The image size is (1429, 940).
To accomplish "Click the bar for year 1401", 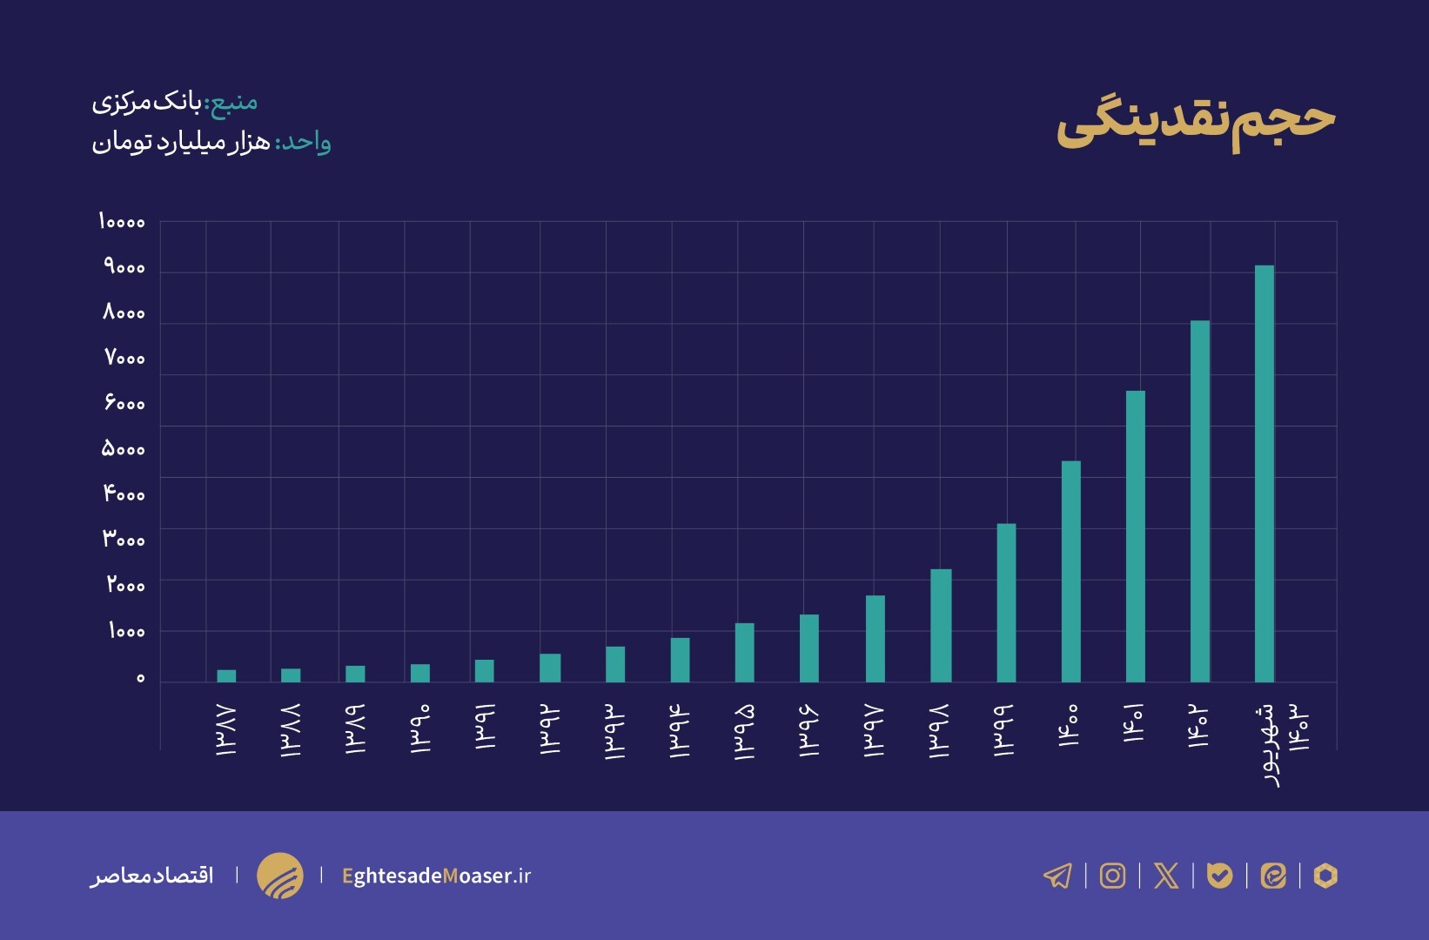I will coord(1135,536).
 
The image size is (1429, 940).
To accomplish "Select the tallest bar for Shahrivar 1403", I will coord(1265,473).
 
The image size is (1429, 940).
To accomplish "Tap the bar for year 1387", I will coord(226,675).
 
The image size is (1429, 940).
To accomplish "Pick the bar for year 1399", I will coord(1006,602).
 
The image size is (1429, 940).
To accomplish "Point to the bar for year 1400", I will coord(1070,571).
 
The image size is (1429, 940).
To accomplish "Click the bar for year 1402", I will coord(1199,501).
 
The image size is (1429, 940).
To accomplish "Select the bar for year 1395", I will coord(744,652).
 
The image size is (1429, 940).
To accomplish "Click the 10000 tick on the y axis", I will coord(121,222).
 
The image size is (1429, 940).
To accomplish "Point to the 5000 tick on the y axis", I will coord(123,449).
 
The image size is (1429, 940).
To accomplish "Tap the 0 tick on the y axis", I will coord(140,678).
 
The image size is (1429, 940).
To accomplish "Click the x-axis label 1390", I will coord(419,728).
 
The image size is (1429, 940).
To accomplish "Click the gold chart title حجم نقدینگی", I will coord(1195,122).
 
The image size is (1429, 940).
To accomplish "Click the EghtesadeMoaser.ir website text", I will coord(436,876).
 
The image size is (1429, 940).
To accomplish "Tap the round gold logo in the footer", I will coord(279,876).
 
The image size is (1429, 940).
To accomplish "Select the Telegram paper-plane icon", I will coord(1057,876).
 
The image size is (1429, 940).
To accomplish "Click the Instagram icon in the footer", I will coord(1112,876).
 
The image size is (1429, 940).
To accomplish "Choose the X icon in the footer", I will coord(1166,876).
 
